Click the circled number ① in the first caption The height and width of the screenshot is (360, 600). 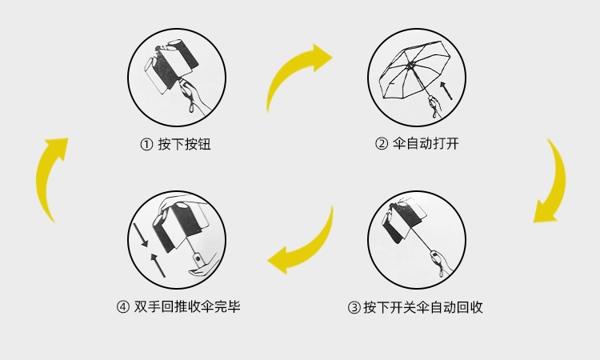(146, 145)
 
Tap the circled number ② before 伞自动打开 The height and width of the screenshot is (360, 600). (382, 145)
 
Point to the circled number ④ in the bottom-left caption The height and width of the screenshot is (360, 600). (122, 306)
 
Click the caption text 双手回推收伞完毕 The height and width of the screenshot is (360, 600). (187, 306)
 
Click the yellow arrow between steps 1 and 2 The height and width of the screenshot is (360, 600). (297, 81)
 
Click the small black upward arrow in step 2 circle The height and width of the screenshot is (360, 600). (446, 90)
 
